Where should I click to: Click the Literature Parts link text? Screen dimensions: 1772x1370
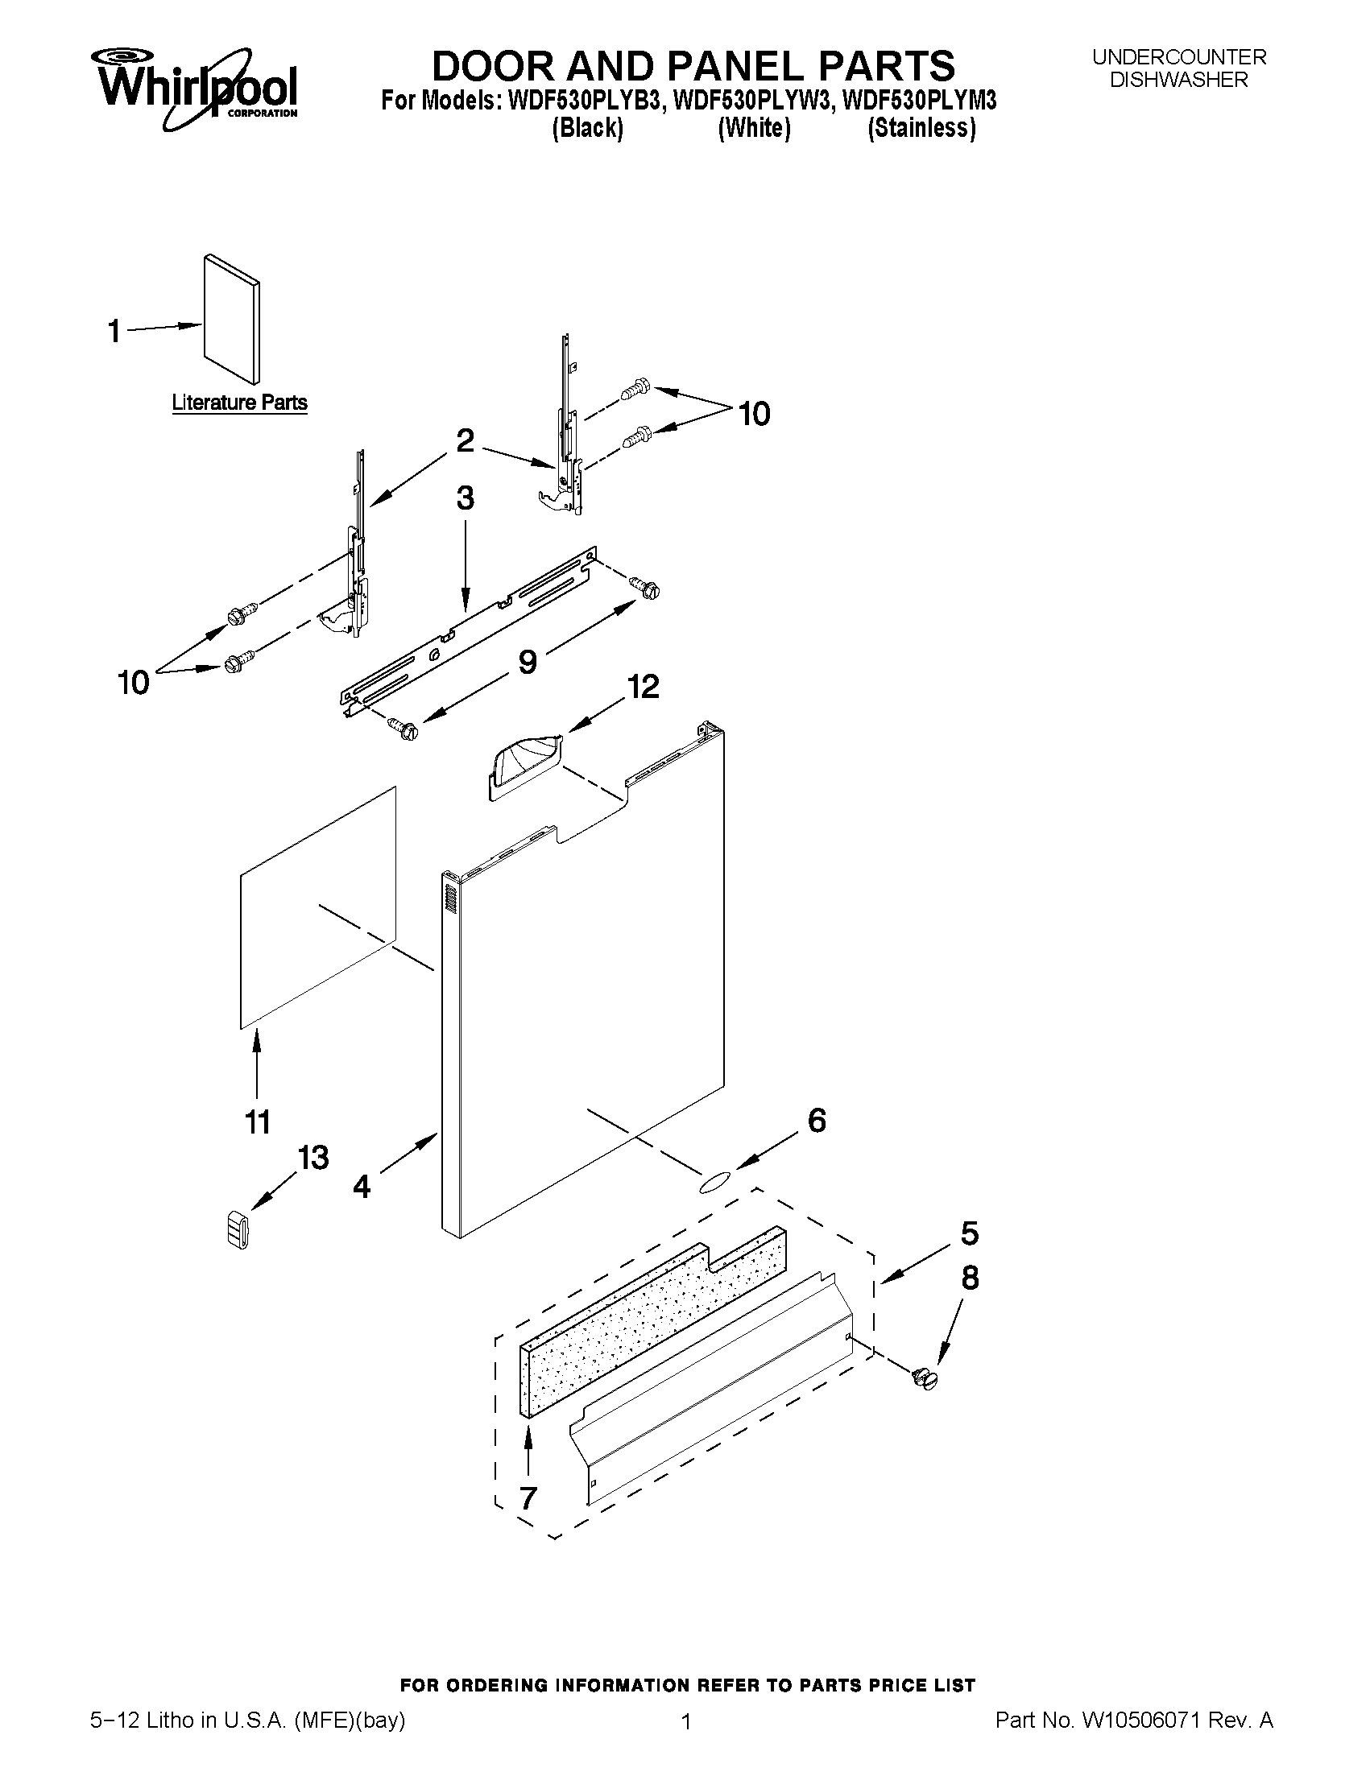239,403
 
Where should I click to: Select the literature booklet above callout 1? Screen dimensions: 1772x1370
232,318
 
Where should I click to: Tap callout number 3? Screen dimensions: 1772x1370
465,498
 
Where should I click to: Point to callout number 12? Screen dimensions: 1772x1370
643,687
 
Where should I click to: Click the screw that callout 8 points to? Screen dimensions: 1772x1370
925,1378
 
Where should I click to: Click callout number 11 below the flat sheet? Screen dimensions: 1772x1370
257,1123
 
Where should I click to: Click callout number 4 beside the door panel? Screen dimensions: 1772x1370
362,1186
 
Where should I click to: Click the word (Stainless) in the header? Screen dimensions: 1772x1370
921,128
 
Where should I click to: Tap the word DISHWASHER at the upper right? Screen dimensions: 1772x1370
1178,80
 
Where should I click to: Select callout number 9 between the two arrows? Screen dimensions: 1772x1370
528,662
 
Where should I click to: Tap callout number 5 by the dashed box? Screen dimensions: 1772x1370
969,1234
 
